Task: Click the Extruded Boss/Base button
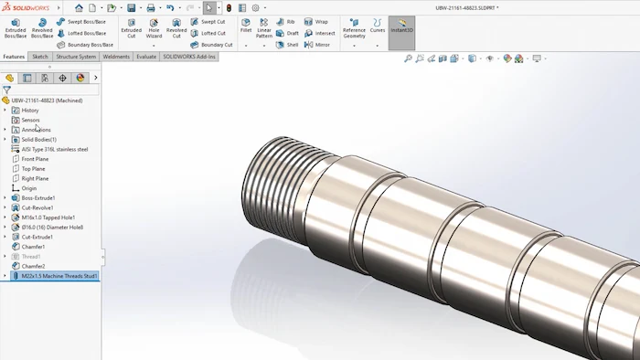click(x=15, y=27)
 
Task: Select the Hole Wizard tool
click(x=154, y=27)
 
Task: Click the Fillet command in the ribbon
click(x=246, y=27)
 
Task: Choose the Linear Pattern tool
click(x=264, y=27)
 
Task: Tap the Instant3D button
click(x=401, y=27)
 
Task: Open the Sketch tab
click(x=40, y=57)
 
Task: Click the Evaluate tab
click(x=146, y=57)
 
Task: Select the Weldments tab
click(x=116, y=57)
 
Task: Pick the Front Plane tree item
click(x=35, y=159)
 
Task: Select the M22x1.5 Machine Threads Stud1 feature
click(x=59, y=275)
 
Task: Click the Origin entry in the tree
click(x=29, y=188)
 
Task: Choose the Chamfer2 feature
click(x=33, y=266)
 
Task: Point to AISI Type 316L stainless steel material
click(x=55, y=149)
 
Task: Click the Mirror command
click(x=322, y=45)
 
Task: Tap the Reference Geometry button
click(x=354, y=27)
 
